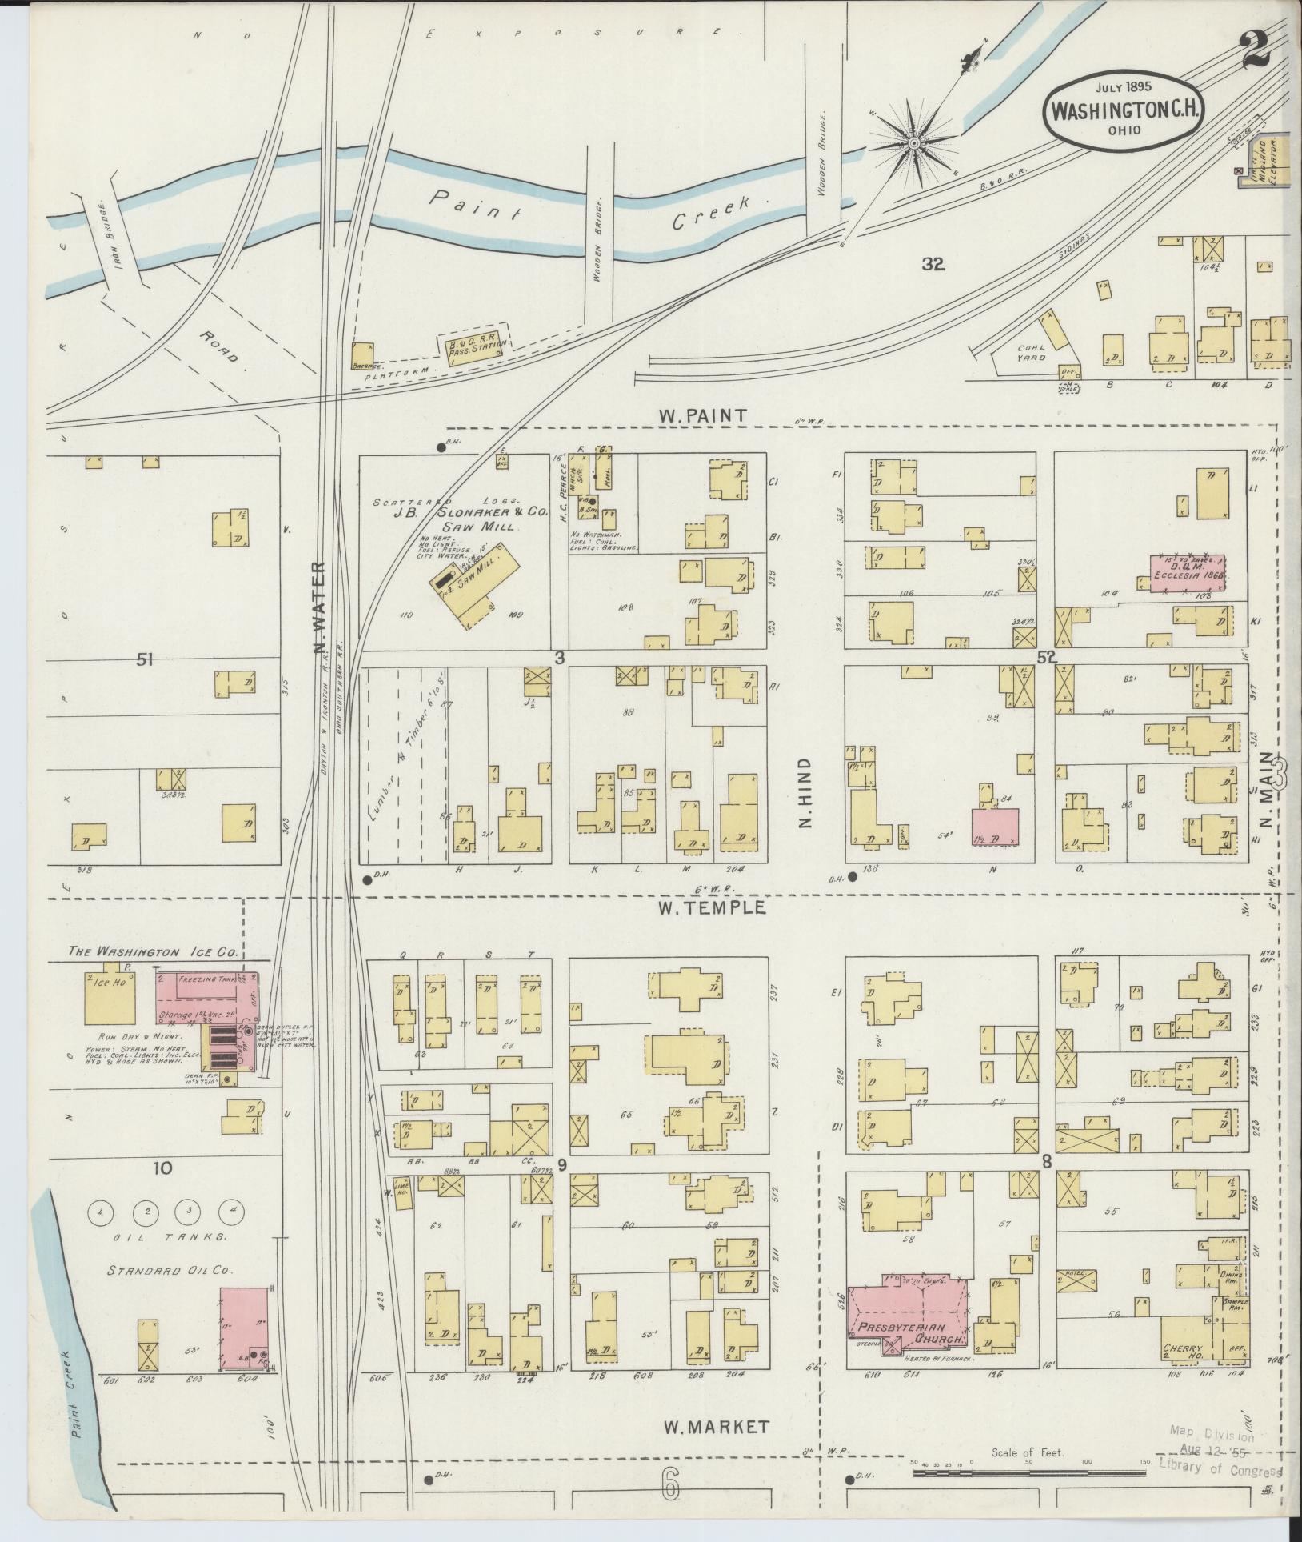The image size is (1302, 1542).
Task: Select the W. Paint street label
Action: (702, 415)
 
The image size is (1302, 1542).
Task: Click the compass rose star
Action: (913, 143)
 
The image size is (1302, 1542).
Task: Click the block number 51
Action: (145, 659)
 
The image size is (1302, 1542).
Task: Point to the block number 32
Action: (933, 265)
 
